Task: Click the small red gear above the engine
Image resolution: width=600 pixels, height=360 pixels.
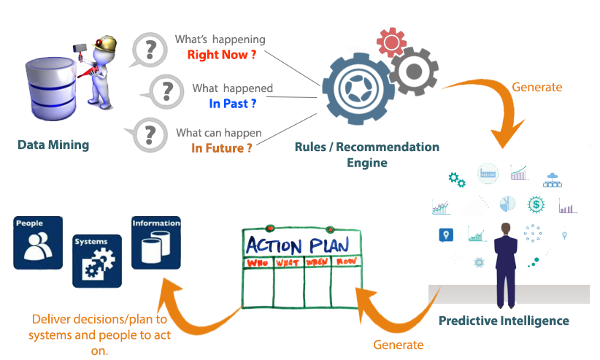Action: click(391, 42)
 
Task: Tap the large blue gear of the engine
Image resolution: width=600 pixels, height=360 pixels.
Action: click(358, 89)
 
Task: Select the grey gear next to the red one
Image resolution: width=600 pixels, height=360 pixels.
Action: click(414, 72)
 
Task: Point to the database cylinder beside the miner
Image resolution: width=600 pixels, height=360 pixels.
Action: click(51, 88)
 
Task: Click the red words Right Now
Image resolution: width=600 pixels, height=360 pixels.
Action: click(222, 55)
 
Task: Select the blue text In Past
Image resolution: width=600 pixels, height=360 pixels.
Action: click(232, 104)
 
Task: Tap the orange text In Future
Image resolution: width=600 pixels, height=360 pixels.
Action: click(222, 148)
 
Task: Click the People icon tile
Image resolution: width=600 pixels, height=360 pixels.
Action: click(38, 243)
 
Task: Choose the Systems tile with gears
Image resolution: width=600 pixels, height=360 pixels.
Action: click(97, 261)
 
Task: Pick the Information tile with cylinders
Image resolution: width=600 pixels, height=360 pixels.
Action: click(156, 243)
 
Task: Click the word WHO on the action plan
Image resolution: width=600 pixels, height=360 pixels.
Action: click(258, 263)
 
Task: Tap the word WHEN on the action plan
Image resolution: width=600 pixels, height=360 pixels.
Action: click(317, 262)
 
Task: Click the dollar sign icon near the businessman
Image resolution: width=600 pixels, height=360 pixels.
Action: click(536, 204)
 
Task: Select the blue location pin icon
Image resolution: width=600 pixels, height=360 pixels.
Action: click(446, 235)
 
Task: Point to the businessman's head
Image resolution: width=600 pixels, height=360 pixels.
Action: click(506, 229)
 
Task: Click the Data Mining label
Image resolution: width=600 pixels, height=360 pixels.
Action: click(53, 145)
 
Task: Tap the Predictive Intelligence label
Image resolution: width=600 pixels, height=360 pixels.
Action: click(504, 321)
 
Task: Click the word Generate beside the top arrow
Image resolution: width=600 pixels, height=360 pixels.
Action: click(537, 87)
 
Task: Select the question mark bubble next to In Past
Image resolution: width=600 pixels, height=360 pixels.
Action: click(164, 92)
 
